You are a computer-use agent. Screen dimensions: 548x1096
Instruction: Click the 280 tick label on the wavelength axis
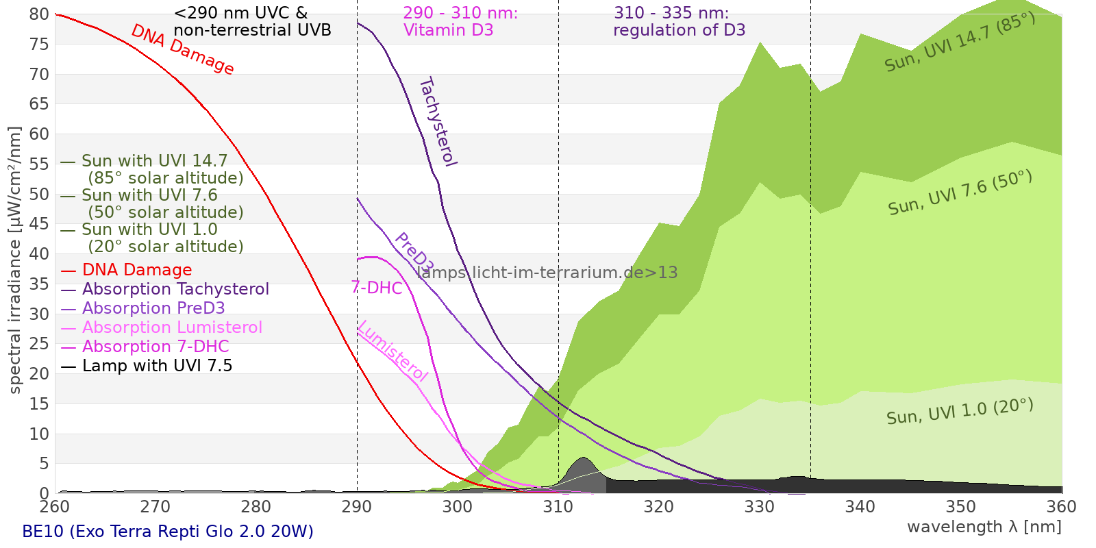tap(256, 507)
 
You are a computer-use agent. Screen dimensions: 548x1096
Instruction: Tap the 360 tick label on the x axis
tap(1062, 507)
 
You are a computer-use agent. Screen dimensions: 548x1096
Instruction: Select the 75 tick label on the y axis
tap(40, 45)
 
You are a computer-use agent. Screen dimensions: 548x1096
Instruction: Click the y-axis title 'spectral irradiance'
tap(15, 260)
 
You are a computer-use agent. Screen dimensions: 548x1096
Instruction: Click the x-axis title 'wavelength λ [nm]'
tap(984, 527)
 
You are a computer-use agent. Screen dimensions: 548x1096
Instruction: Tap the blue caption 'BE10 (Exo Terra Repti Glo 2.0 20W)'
tap(168, 532)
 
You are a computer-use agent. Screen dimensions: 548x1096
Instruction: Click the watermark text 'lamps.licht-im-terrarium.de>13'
tap(547, 273)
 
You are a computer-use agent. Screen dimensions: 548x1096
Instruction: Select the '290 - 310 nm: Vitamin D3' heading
tap(460, 21)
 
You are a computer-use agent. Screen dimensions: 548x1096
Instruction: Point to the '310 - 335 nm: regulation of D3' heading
tap(678, 21)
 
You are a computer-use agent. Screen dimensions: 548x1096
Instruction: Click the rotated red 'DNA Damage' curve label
tap(182, 49)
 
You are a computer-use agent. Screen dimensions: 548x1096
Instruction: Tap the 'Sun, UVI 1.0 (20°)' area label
tap(960, 412)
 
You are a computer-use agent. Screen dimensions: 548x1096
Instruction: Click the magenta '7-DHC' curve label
tap(377, 288)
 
